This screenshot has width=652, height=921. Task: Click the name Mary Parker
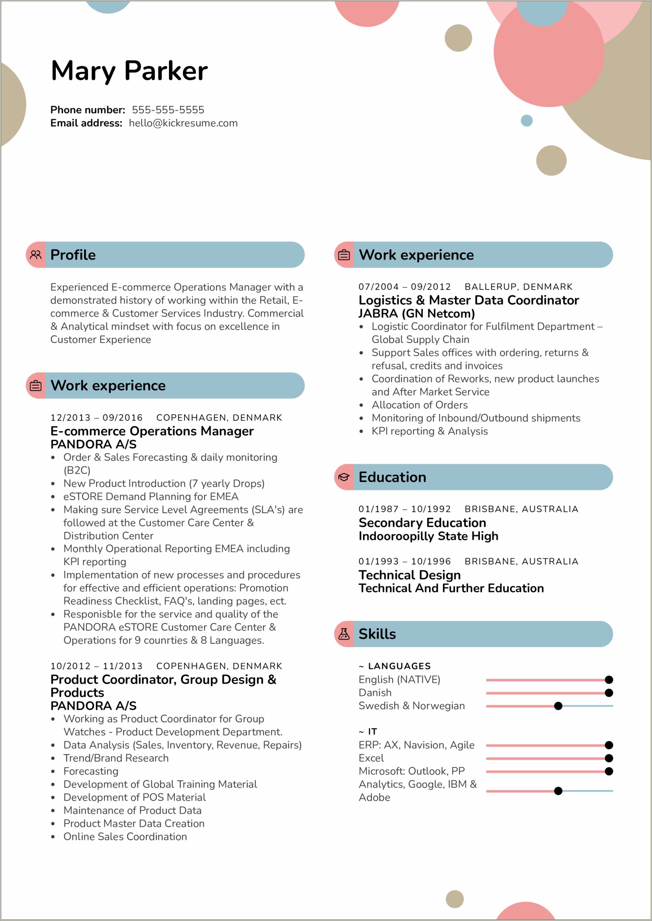pos(129,71)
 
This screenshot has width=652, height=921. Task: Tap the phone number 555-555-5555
pos(168,110)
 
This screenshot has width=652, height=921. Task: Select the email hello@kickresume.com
pos(183,123)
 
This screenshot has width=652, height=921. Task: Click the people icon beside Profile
pos(36,255)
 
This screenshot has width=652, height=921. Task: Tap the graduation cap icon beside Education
pos(344,477)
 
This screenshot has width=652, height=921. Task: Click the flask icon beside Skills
pos(344,634)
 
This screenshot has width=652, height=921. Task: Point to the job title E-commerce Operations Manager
pos(152,431)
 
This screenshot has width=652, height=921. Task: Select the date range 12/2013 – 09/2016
pos(96,418)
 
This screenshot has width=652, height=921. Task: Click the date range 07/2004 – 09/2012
pos(404,287)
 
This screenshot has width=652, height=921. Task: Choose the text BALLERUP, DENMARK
pos(518,287)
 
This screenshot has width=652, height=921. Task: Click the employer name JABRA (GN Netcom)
pos(416,313)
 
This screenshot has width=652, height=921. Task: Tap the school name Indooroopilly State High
pos(428,536)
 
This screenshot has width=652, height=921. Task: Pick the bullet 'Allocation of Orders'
pos(419,405)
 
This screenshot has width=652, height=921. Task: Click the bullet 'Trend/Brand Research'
pos(116,758)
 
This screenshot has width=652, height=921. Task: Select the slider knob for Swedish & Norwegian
pos(558,706)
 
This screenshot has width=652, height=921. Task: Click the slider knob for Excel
pos(609,758)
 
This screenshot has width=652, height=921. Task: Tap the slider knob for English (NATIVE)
pos(609,680)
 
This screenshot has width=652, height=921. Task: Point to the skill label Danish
pos(375,693)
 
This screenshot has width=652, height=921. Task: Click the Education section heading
pos(392,477)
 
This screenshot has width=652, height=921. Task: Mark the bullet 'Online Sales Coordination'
pos(125,837)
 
